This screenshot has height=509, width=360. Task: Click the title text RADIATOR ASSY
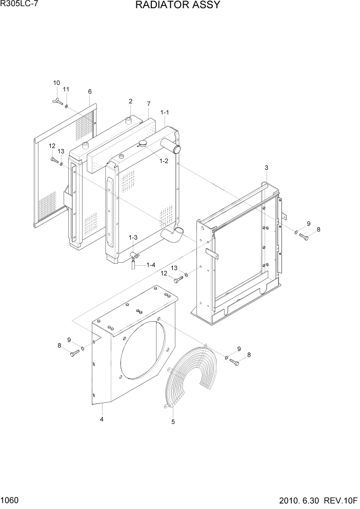click(x=177, y=6)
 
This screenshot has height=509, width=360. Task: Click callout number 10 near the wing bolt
click(x=56, y=83)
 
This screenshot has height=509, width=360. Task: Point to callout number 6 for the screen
click(x=90, y=92)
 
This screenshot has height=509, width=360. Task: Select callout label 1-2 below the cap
click(x=164, y=161)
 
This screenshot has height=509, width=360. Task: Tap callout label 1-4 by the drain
click(x=151, y=265)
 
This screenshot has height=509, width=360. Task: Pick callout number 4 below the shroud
click(x=102, y=419)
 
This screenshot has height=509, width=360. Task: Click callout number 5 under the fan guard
click(x=173, y=422)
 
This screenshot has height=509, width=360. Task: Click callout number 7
click(x=148, y=104)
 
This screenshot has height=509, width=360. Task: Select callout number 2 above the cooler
click(x=130, y=101)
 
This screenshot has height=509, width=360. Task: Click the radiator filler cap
click(x=142, y=143)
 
